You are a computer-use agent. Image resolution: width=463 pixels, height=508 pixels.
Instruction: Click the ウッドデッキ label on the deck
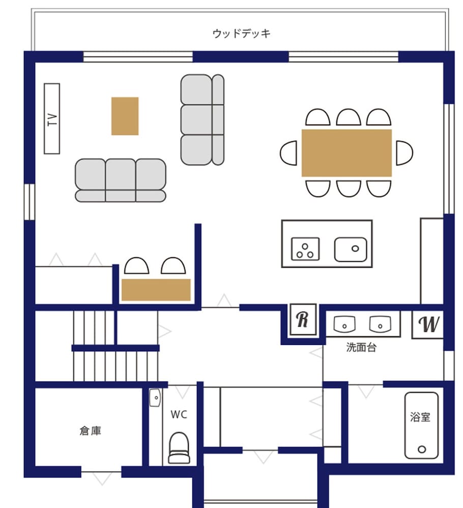[241, 34]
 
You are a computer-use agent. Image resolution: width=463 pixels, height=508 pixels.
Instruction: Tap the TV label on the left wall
[52, 119]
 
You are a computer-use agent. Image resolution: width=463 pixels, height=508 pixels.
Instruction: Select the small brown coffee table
[125, 116]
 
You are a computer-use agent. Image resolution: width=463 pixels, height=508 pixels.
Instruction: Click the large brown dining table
[346, 153]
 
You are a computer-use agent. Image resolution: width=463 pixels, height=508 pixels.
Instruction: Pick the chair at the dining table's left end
[289, 153]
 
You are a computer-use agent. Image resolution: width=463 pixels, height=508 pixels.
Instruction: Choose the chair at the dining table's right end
[404, 153]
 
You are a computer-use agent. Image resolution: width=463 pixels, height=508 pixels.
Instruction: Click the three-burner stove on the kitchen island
[305, 249]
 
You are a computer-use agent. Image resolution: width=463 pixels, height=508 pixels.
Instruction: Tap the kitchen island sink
[351, 249]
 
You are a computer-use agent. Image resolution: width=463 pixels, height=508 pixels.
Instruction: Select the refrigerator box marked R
[303, 320]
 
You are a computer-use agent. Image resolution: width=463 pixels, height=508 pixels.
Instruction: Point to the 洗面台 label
[361, 347]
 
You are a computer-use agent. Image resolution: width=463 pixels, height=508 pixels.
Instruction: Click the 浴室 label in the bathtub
[420, 417]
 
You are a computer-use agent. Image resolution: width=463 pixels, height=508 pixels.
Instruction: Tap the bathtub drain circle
[422, 450]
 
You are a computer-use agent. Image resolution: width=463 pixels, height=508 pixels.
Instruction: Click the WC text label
[179, 415]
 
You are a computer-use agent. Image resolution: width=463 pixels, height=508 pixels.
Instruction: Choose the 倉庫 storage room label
[90, 431]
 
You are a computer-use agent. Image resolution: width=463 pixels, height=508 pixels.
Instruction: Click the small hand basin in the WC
[155, 398]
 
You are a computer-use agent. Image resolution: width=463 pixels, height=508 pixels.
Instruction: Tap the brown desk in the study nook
[156, 290]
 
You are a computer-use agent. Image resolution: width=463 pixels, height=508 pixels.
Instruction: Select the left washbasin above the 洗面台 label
[344, 324]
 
